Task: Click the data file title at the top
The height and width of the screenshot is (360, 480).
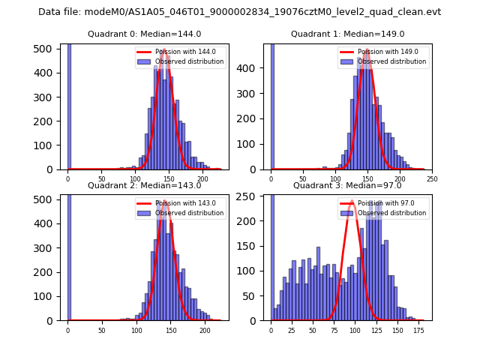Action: tap(239, 12)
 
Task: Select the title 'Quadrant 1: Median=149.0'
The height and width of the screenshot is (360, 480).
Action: tap(347, 34)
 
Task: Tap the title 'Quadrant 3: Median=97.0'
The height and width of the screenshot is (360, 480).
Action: tap(347, 185)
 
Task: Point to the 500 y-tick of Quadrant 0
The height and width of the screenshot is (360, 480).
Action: tap(45, 49)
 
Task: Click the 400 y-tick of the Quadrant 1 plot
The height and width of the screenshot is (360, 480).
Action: tap(252, 68)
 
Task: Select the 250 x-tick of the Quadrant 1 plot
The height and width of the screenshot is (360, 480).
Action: tap(432, 179)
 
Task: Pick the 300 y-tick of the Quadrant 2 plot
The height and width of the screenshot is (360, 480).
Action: tap(45, 247)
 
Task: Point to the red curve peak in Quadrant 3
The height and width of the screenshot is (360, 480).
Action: tap(351, 201)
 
